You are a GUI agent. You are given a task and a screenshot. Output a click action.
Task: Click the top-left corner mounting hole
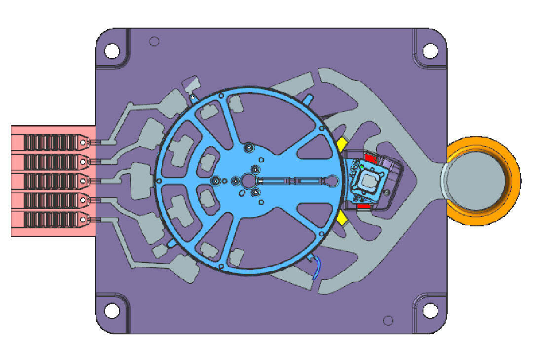coord(112,50)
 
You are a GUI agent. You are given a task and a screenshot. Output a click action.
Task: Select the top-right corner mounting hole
coord(430,50)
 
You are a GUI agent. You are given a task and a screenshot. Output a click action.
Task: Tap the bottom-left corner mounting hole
coord(112,311)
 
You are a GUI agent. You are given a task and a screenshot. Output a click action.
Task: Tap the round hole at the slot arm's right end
coord(332,181)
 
